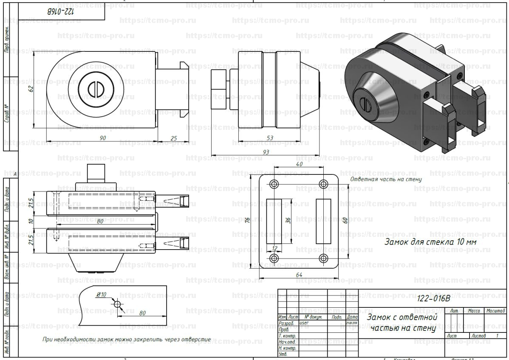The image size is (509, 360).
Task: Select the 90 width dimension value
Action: (x=102, y=138)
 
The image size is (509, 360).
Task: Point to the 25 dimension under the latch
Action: (x=173, y=138)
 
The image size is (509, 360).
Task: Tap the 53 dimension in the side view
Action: (x=270, y=138)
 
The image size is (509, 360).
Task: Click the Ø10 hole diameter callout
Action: (x=101, y=295)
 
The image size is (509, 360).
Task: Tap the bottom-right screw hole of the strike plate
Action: (x=323, y=258)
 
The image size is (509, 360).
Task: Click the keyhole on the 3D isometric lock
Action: (x=365, y=102)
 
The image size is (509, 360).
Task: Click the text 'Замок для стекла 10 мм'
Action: (x=430, y=242)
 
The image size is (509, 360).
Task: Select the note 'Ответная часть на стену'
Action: (x=386, y=179)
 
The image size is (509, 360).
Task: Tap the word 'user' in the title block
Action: (x=304, y=323)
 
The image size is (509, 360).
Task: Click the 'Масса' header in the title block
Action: (x=474, y=311)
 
